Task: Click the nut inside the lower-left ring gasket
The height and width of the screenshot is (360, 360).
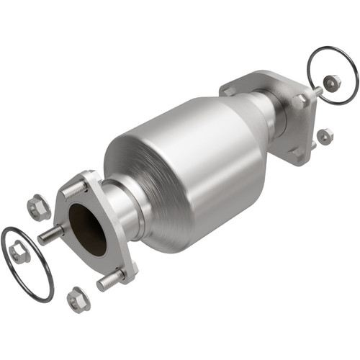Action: (19, 253)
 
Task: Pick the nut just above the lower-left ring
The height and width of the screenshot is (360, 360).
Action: (38, 208)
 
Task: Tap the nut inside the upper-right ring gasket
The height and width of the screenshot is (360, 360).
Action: (331, 84)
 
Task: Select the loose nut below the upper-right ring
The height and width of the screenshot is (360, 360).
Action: (325, 135)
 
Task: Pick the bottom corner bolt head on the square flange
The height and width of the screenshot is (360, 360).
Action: (296, 153)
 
